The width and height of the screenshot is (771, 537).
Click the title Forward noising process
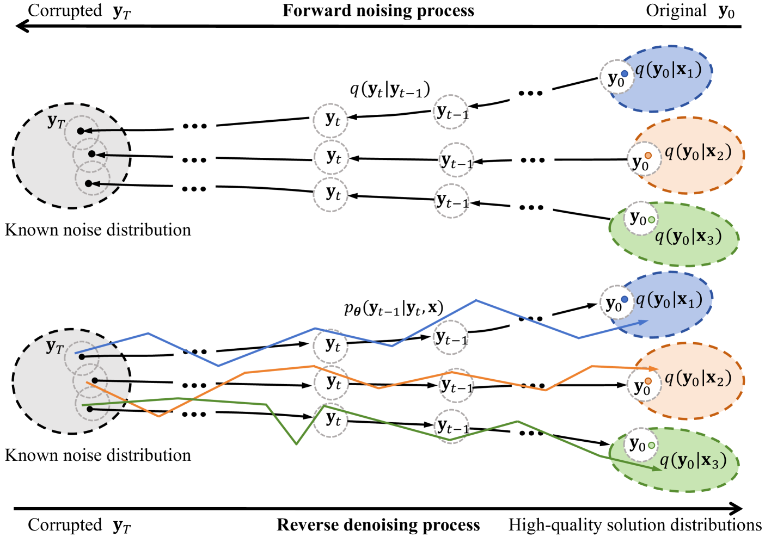pos(378,11)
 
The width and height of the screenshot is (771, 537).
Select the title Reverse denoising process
pos(378,525)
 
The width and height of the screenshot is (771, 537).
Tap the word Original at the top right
pos(676,11)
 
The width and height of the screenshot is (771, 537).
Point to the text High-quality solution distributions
pos(635,525)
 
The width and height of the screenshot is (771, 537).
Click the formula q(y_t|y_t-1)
pos(390,89)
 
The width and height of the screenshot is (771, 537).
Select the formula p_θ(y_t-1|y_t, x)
pos(394,308)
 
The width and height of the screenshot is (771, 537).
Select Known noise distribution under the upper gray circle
pos(98,230)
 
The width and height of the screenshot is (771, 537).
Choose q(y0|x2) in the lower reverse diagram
pos(697,378)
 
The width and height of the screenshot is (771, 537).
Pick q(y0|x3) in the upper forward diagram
pos(688,237)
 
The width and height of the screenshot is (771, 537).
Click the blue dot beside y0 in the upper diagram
pos(625,73)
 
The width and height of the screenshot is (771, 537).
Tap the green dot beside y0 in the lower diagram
pos(651,445)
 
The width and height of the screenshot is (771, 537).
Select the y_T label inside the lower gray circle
pos(55,347)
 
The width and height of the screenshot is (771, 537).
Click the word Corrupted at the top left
pos(65,11)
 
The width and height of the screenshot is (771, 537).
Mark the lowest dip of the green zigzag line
pos(296,444)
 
